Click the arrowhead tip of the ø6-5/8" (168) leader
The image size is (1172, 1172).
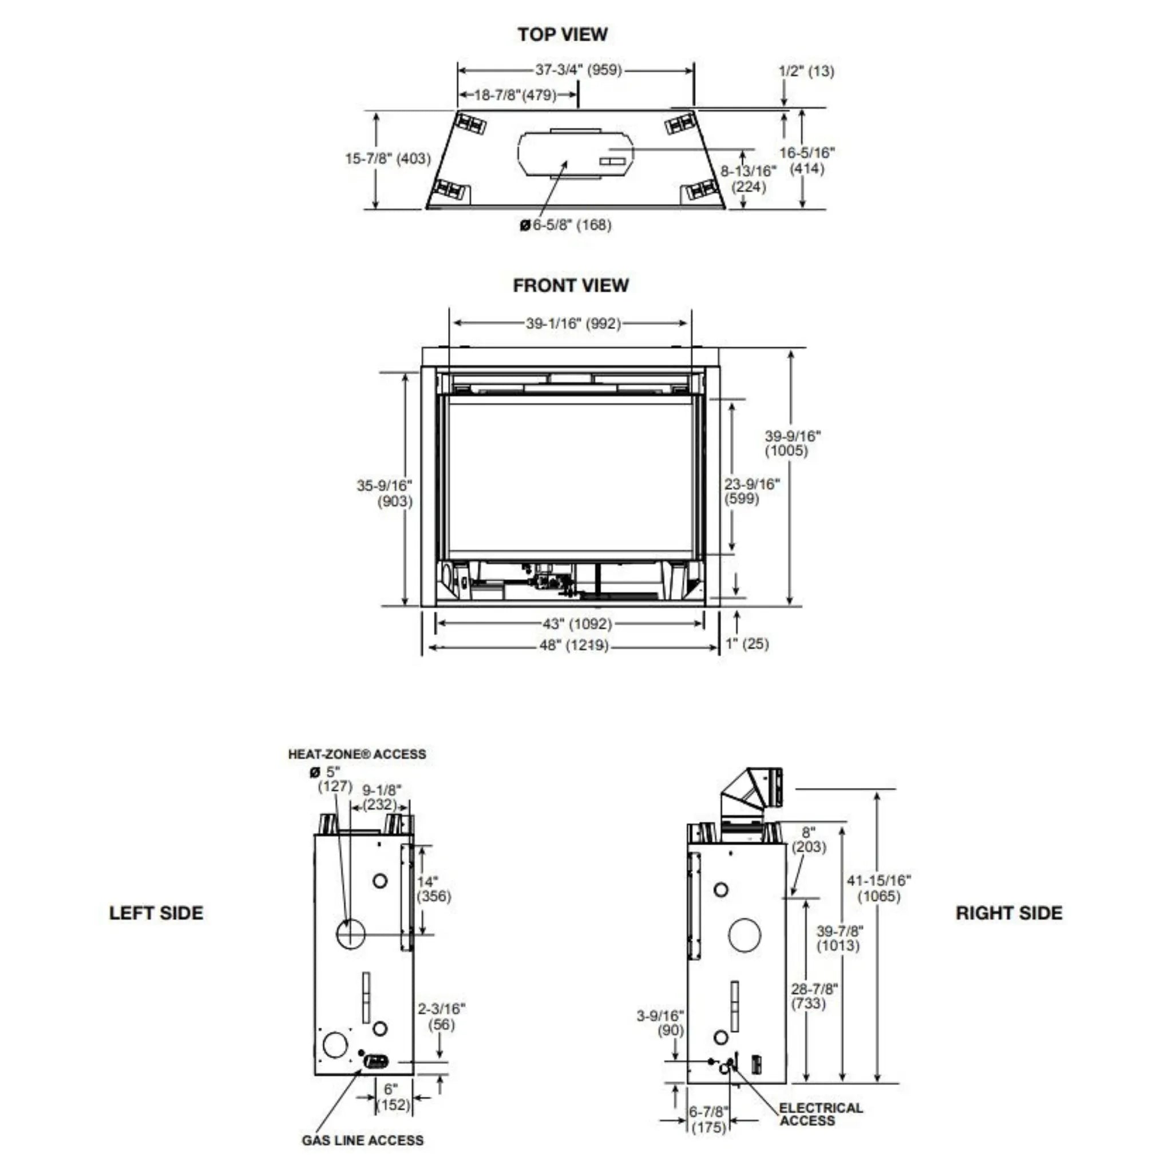click(x=566, y=160)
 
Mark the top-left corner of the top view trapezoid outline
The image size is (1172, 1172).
click(x=457, y=110)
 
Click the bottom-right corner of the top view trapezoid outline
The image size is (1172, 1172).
click(x=725, y=208)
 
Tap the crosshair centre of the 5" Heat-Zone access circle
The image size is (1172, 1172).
click(x=351, y=933)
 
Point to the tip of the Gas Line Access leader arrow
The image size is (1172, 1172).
click(x=362, y=1070)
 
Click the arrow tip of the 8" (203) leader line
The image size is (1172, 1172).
click(x=792, y=896)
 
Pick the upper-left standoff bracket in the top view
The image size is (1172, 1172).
click(x=471, y=123)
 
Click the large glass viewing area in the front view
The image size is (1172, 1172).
click(x=569, y=476)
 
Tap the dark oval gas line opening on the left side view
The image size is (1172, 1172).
click(x=375, y=1062)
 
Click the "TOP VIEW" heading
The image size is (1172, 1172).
click(x=563, y=34)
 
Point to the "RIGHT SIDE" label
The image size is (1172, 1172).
click(x=1009, y=913)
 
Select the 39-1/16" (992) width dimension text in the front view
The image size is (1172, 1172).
click(x=573, y=323)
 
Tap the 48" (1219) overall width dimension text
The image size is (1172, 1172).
click(x=574, y=646)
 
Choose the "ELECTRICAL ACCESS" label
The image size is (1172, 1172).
click(x=821, y=1114)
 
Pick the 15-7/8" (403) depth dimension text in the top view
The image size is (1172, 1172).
click(x=387, y=159)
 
